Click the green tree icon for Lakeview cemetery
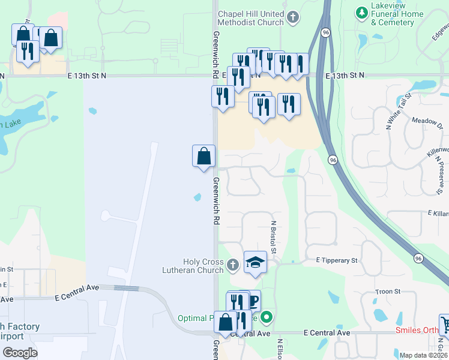click(361, 12)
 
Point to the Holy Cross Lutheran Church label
click(203, 266)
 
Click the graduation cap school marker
click(255, 262)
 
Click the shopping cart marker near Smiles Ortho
click(445, 325)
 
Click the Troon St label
click(388, 292)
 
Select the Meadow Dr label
click(426, 121)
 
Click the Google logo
click(20, 353)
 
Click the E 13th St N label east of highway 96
click(345, 76)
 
